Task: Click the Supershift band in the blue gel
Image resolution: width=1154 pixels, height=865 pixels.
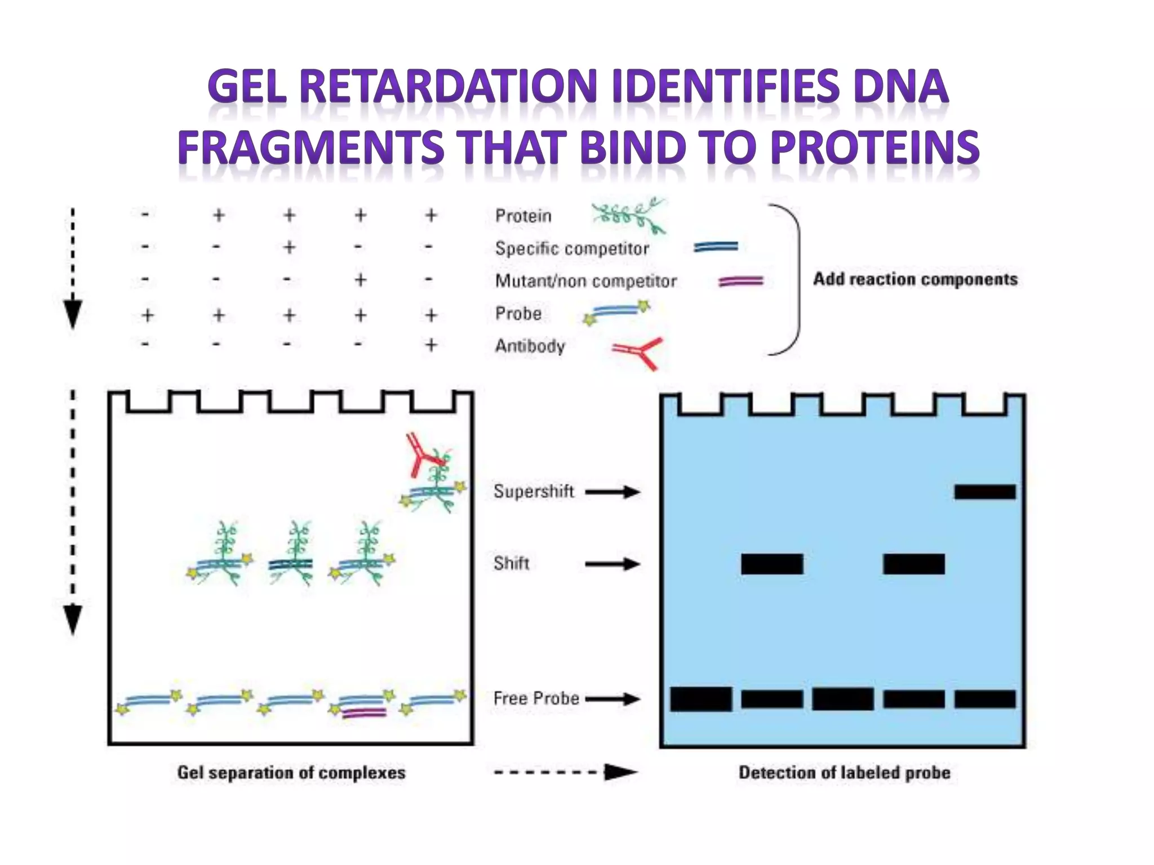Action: pyautogui.click(x=984, y=492)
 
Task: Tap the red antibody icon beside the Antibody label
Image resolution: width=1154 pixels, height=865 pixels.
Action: pyautogui.click(x=638, y=353)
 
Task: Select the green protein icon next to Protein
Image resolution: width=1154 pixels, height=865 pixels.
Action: pyautogui.click(x=628, y=216)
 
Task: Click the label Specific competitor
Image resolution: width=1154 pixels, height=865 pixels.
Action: pyautogui.click(x=571, y=248)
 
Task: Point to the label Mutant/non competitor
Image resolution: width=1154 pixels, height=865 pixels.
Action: pyautogui.click(x=585, y=280)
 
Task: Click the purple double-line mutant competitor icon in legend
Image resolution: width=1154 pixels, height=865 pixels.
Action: pyautogui.click(x=740, y=281)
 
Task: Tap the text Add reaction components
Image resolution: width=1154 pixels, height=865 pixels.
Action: pyautogui.click(x=915, y=279)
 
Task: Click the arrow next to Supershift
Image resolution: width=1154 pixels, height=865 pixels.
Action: pyautogui.click(x=612, y=492)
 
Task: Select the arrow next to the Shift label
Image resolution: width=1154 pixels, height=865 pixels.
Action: pyautogui.click(x=612, y=564)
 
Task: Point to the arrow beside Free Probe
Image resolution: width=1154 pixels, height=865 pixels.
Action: pyautogui.click(x=612, y=699)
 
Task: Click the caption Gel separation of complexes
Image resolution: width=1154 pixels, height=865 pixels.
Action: pyautogui.click(x=291, y=773)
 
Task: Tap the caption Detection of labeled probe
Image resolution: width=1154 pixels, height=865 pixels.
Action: pyautogui.click(x=844, y=773)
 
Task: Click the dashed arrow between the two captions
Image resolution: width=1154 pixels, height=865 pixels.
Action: pyautogui.click(x=566, y=772)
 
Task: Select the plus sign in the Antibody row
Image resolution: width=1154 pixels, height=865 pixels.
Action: pyautogui.click(x=431, y=345)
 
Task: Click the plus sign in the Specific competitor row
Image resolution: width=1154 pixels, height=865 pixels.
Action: pyautogui.click(x=289, y=247)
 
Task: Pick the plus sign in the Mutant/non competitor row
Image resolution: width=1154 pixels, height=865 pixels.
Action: pyautogui.click(x=361, y=280)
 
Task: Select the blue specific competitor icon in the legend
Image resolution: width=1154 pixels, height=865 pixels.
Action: pyautogui.click(x=716, y=247)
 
